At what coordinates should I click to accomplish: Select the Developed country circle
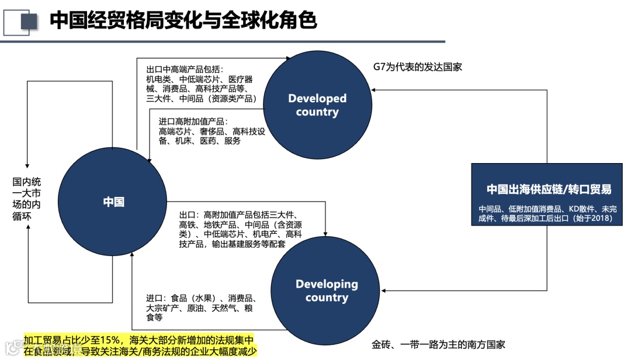317,105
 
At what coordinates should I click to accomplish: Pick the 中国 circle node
113,202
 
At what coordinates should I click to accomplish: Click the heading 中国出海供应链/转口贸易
549,189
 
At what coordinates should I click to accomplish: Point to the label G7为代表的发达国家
418,67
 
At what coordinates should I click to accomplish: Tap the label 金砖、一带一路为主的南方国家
438,345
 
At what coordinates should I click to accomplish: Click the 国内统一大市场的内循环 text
26,199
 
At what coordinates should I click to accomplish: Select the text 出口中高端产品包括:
185,69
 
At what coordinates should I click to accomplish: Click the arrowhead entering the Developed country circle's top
288,58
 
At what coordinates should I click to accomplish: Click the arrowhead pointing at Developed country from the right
375,89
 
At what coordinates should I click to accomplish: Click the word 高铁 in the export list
188,224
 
